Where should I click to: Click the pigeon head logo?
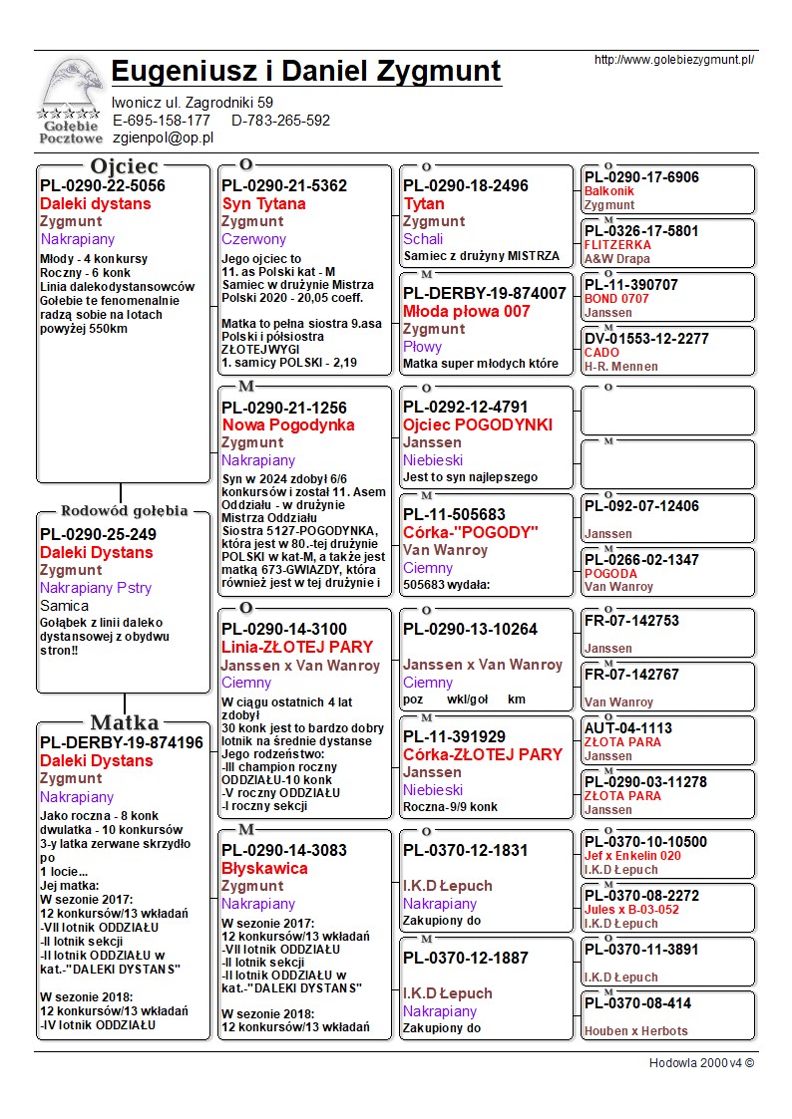point(71,86)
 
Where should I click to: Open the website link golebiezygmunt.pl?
point(673,60)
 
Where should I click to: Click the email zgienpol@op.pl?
point(163,138)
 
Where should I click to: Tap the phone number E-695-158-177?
point(162,121)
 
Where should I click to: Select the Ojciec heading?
point(124,166)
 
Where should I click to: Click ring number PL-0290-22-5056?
point(103,185)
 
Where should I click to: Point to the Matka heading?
point(124,722)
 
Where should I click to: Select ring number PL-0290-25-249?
point(98,534)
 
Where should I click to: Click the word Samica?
point(64,606)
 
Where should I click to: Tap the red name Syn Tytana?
point(263,203)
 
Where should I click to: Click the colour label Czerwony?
point(253,239)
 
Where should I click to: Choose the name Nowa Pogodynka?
point(287,424)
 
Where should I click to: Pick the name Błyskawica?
point(264,868)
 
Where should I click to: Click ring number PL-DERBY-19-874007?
point(484,293)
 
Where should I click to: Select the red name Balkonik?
point(608,191)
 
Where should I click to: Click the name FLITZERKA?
point(617,245)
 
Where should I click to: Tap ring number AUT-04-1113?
point(628,728)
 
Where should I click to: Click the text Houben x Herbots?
point(635,1031)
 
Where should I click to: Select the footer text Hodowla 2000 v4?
point(700,1063)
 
